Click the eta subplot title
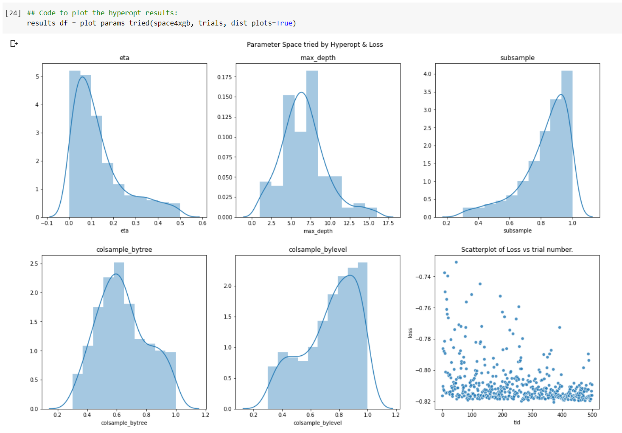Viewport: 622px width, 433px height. point(124,58)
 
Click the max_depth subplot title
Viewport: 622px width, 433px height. point(318,58)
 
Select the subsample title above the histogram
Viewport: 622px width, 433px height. point(517,58)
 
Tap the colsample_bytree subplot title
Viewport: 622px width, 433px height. point(124,250)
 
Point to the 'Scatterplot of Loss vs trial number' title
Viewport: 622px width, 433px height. point(517,250)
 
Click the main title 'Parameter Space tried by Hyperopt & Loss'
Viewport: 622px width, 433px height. point(315,45)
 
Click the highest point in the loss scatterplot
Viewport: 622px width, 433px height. point(456,262)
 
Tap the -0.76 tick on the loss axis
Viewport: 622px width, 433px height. point(423,308)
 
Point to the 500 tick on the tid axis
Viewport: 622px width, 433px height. point(592,415)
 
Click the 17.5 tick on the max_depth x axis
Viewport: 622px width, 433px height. point(388,223)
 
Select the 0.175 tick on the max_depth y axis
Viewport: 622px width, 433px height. point(224,77)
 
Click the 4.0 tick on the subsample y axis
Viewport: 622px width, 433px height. point(427,74)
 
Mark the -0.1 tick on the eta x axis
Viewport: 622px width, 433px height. point(47,223)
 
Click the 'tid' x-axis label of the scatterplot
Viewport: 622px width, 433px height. point(517,422)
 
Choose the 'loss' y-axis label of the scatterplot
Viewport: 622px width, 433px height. point(410,333)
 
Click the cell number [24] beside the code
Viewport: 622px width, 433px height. point(13,13)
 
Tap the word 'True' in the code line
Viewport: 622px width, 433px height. point(284,23)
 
